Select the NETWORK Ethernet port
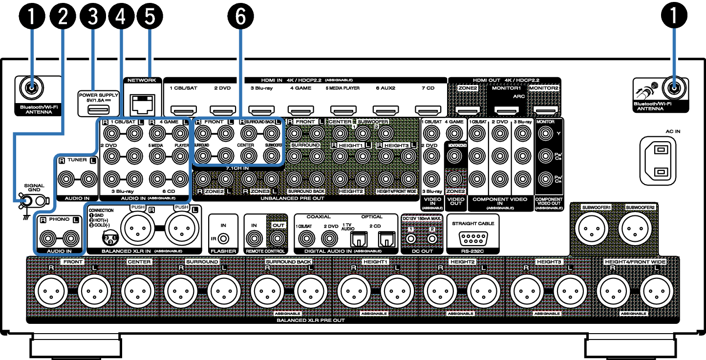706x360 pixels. point(142,104)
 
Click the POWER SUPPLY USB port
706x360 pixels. point(98,108)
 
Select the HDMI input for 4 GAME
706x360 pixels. point(300,109)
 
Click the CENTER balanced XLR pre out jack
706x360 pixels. point(138,292)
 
